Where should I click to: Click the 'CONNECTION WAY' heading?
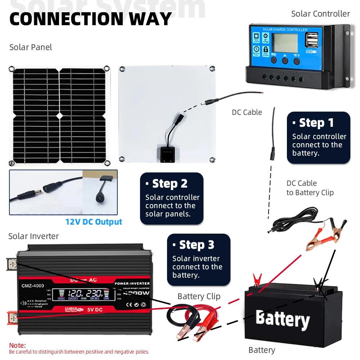[90, 19]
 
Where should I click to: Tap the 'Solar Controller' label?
[320, 14]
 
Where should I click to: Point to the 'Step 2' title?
[170, 184]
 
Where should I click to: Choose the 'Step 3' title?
[197, 245]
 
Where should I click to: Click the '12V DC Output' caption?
[94, 222]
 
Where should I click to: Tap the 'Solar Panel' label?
[31, 47]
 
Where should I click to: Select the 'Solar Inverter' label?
[33, 236]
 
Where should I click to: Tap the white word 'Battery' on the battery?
[282, 319]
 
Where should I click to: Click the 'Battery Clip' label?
[199, 296]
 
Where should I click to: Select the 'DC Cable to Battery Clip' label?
[310, 188]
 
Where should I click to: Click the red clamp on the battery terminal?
[257, 279]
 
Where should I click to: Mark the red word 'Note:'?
[17, 346]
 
